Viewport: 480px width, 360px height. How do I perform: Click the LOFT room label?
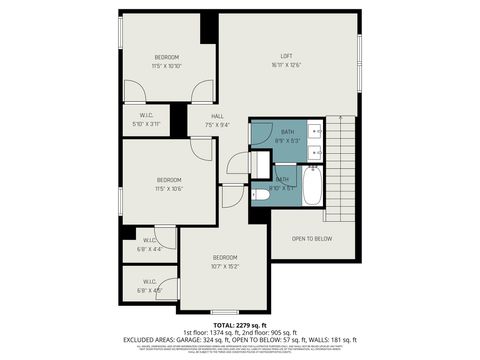coord(285,56)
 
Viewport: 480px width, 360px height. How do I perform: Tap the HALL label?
coord(217,116)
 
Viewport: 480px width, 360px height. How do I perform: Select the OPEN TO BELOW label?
coord(312,239)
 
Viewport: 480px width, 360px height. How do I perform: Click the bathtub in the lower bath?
coord(311,186)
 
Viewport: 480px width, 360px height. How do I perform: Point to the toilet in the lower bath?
coord(261,165)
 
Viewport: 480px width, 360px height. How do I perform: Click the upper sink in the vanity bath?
coord(314,130)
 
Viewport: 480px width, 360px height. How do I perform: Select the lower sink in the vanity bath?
coord(314,152)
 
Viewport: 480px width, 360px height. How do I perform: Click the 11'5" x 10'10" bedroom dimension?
coord(167,66)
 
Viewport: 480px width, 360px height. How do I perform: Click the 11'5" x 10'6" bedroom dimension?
coord(169,188)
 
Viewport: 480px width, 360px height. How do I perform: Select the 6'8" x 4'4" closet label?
coord(148,249)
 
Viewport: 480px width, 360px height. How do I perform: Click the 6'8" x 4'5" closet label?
coord(148,291)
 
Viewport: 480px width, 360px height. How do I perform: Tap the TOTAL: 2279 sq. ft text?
coord(240,325)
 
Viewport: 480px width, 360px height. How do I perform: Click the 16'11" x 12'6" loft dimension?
coord(285,65)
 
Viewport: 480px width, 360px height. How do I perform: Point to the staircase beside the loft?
coord(341,165)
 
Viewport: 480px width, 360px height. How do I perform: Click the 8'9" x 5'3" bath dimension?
coord(287,140)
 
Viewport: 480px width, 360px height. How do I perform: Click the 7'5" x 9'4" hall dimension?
coord(217,125)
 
